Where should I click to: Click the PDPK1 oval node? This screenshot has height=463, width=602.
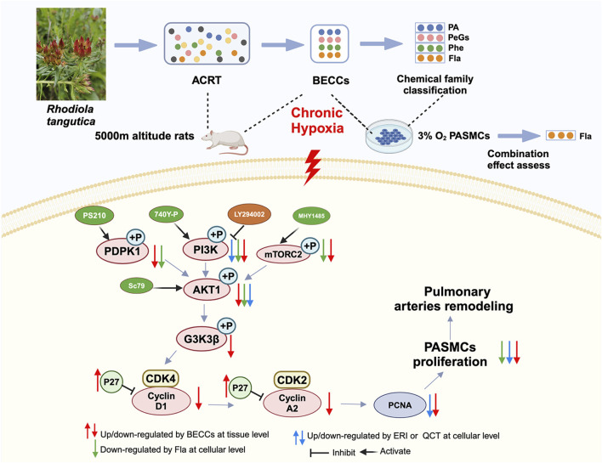pos(122,251)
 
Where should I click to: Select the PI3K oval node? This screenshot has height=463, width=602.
pos(206,250)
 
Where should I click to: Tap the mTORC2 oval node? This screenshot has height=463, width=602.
pos(283,254)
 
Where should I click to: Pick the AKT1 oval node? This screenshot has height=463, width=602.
pos(207,289)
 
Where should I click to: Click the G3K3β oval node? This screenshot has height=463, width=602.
pos(202,339)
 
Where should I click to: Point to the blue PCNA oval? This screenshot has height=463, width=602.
pos(400,405)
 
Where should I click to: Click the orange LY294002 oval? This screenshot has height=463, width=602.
pos(249,214)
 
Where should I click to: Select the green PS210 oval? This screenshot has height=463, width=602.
pos(94,215)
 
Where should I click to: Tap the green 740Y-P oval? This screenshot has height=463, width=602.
pos(167,214)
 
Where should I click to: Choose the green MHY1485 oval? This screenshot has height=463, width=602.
pos(311,216)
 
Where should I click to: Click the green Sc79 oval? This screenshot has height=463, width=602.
pos(137,285)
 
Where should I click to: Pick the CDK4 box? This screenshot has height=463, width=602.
pos(161,379)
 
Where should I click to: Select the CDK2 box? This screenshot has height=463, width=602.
pos(292,380)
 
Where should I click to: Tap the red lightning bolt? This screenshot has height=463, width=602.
pos(313,167)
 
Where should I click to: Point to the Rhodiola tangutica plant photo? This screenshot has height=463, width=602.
pos(71,54)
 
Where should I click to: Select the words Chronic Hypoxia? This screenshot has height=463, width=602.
pos(317,120)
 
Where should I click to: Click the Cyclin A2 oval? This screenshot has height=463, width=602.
pos(292,404)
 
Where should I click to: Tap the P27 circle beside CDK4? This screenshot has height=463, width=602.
pos(111,381)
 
